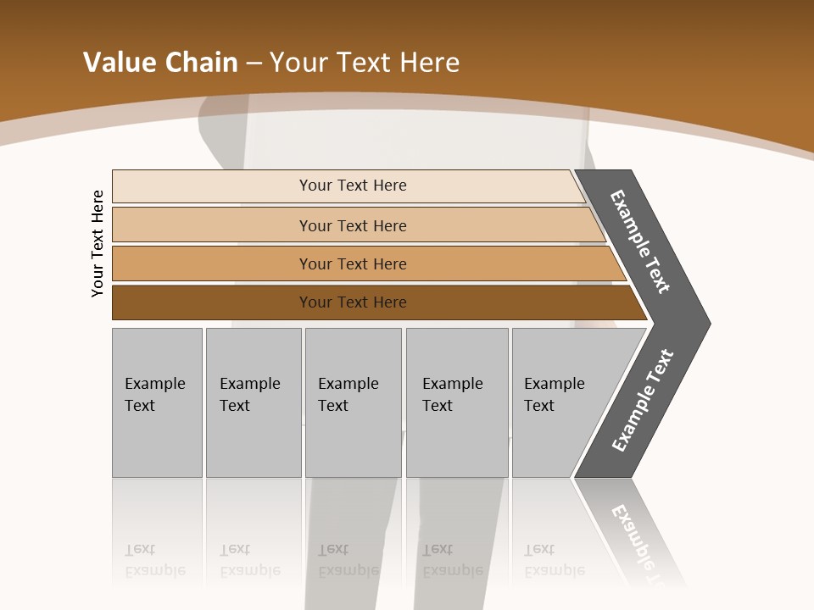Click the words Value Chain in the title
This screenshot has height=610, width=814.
click(x=160, y=63)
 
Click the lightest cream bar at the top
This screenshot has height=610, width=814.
click(x=212, y=186)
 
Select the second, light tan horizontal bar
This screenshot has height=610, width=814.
click(x=212, y=225)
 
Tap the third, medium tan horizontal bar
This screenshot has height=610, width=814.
click(x=212, y=263)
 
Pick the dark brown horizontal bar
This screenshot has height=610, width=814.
click(x=212, y=302)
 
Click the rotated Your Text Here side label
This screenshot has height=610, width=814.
click(x=98, y=244)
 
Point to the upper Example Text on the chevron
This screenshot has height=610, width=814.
click(x=640, y=241)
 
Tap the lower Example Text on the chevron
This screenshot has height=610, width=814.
click(x=643, y=400)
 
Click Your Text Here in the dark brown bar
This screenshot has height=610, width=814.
click(x=353, y=302)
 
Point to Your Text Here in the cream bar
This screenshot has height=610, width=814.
click(x=353, y=186)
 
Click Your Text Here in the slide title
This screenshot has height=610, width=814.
click(x=365, y=63)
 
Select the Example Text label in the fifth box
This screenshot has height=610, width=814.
click(x=554, y=395)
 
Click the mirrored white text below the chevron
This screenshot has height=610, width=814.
click(x=643, y=542)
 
